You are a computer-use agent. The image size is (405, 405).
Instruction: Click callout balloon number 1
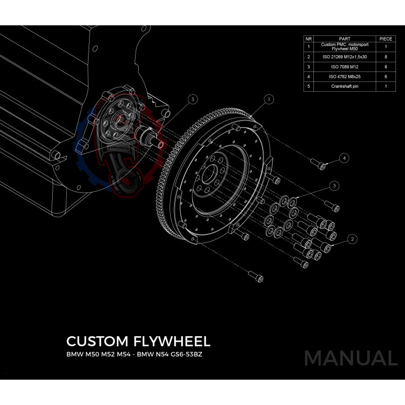tap(269, 99)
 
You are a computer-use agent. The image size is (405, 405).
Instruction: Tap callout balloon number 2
tap(352, 238)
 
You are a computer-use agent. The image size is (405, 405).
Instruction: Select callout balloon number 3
tap(334, 186)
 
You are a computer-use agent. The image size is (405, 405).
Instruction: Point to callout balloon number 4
tap(344, 158)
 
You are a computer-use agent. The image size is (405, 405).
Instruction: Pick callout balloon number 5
tap(192, 100)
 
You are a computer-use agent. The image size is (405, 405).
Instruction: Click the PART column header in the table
tap(344, 38)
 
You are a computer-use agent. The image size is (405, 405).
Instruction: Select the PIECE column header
tap(386, 38)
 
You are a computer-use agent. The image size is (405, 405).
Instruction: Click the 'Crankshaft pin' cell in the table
tap(344, 87)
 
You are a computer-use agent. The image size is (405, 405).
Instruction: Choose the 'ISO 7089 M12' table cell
tap(344, 67)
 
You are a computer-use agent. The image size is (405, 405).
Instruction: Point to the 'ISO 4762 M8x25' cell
tap(344, 77)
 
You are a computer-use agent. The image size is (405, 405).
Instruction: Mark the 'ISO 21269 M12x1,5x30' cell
tap(344, 57)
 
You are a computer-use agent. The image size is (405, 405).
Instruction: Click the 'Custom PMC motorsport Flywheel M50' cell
tap(344, 47)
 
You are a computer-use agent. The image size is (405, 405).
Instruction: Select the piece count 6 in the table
tap(386, 77)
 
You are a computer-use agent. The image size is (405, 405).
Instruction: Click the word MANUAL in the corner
tap(350, 358)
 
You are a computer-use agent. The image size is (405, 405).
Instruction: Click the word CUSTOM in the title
tap(95, 340)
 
